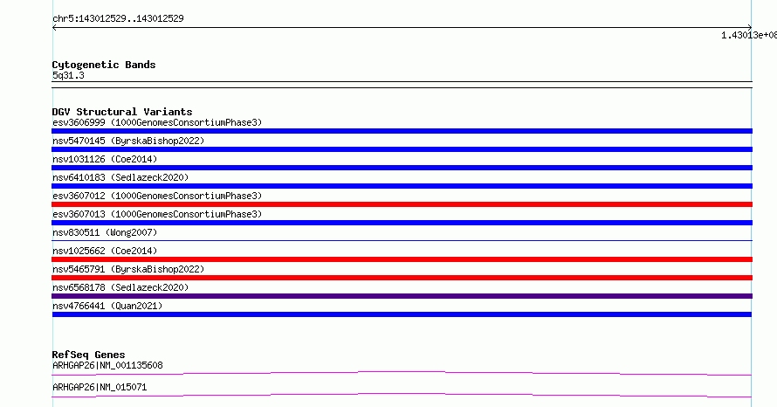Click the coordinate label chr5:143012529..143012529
[x=118, y=19]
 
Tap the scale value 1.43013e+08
[x=749, y=35]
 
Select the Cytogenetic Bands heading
[x=104, y=65]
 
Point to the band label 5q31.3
[x=68, y=75]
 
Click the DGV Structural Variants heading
[x=122, y=112]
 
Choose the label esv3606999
[x=79, y=122]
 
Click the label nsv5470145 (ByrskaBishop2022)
[x=128, y=141]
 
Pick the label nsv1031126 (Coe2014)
[x=105, y=159]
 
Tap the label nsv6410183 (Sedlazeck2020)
[x=120, y=177]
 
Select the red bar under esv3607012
[x=402, y=204]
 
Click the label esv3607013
[x=79, y=214]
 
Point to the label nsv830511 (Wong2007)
[x=105, y=232]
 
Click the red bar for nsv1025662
[x=402, y=259]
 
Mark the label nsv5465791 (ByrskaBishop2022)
[x=128, y=269]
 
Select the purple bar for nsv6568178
[x=402, y=296]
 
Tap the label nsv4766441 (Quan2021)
[x=107, y=306]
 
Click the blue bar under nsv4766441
[x=402, y=314]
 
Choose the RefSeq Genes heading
[x=89, y=355]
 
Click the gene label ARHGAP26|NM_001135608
[x=107, y=365]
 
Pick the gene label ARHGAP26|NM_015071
[x=100, y=387]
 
